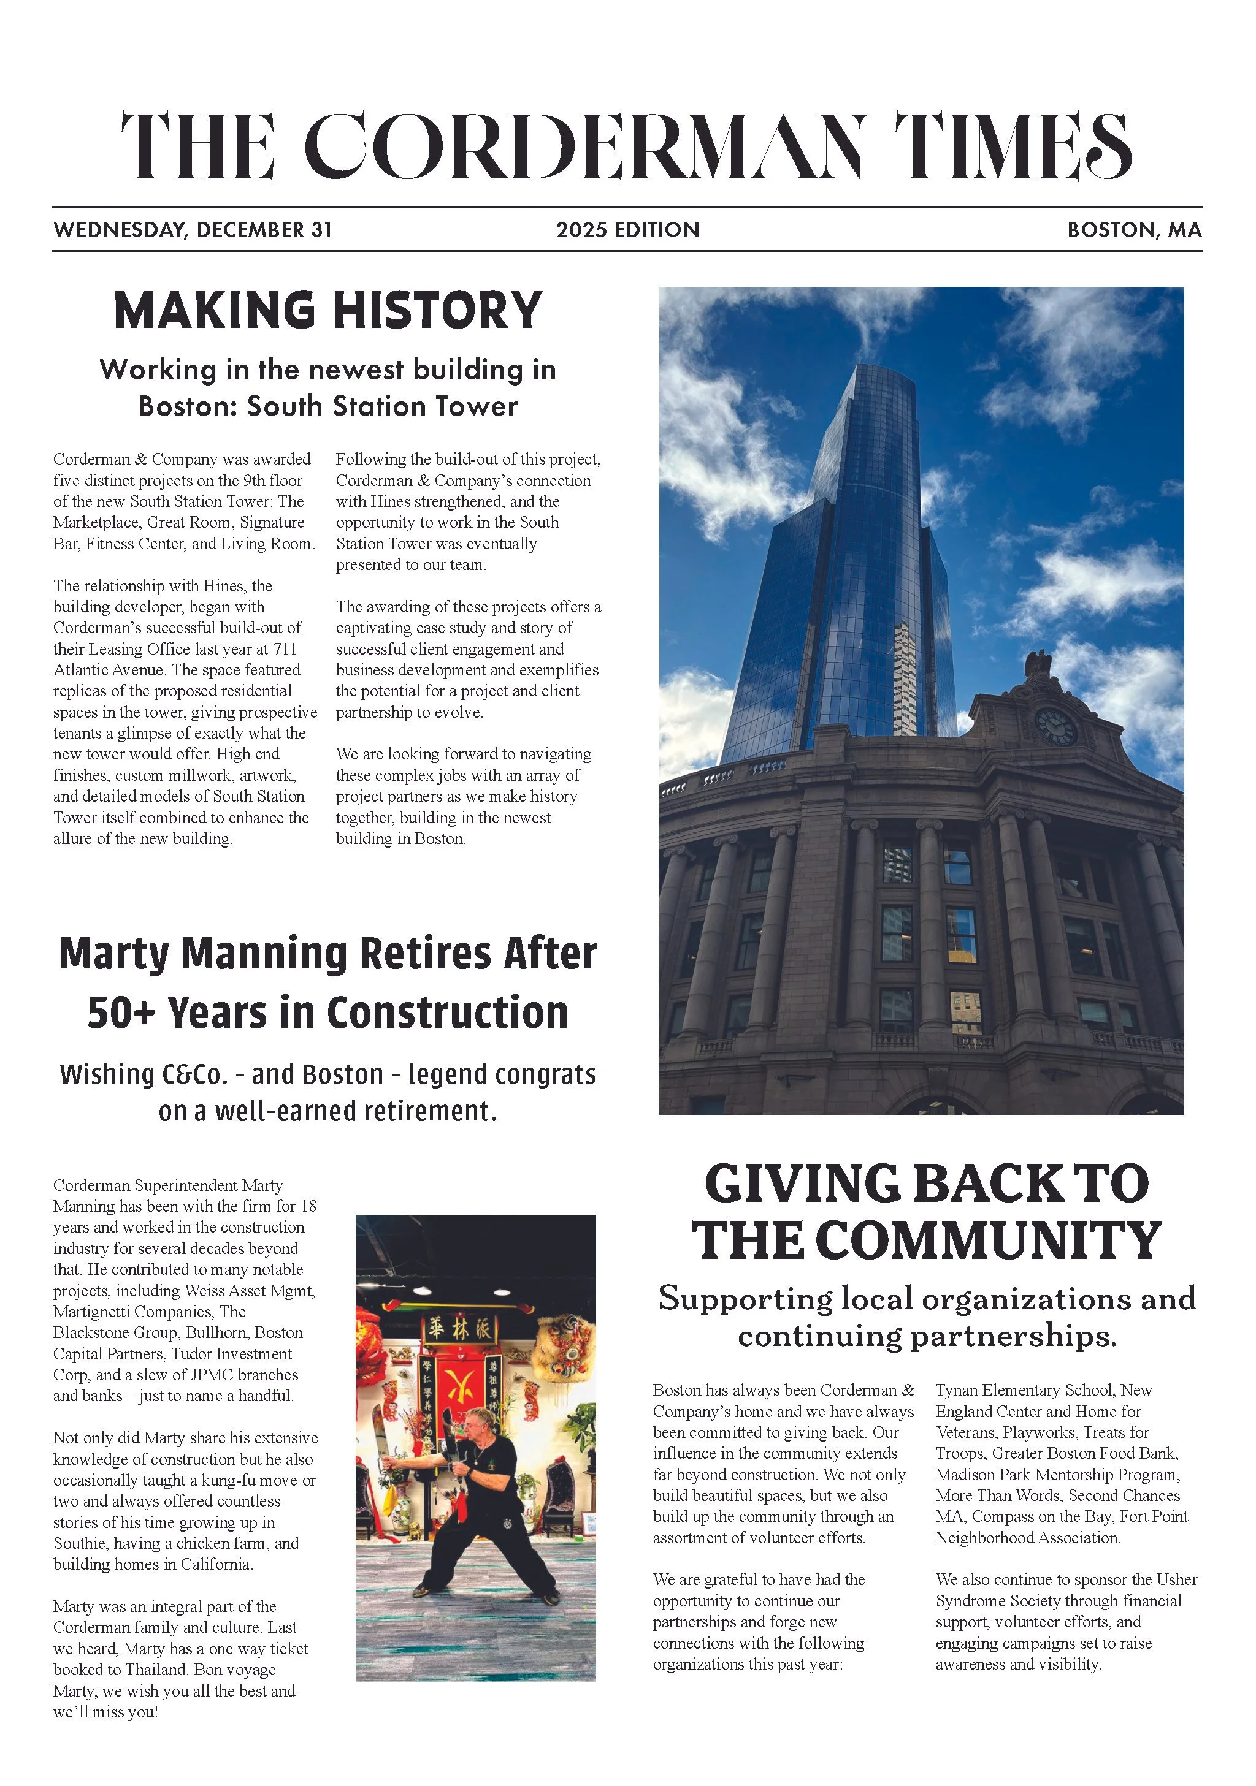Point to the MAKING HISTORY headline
(327, 310)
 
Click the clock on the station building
(1056, 726)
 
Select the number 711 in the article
(285, 648)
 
